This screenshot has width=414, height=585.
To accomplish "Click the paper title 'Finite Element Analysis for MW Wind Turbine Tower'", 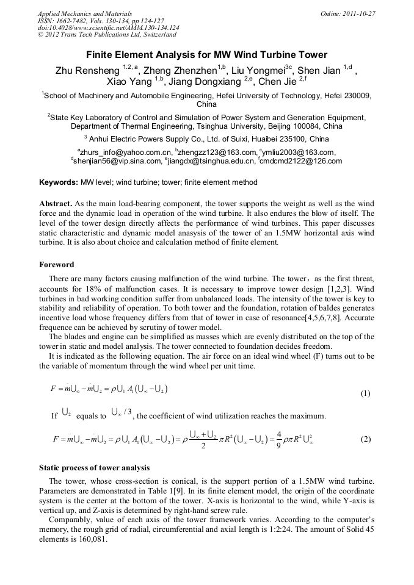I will point(206,54).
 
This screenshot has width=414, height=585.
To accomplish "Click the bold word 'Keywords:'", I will point(59,182).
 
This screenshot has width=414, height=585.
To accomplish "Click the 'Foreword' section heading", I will point(57,265).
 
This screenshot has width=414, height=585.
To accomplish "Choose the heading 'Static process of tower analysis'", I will point(94,468).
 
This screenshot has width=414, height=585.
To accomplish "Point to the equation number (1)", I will point(365,393).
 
